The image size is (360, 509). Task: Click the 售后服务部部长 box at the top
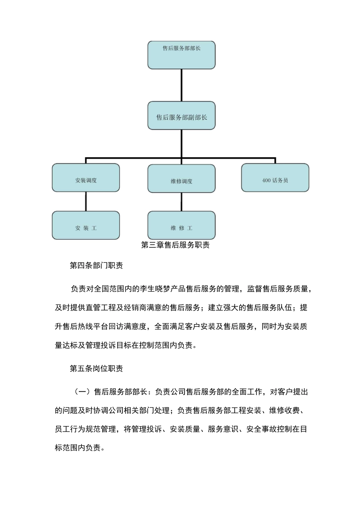point(181,55)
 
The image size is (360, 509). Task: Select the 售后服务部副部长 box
point(181,116)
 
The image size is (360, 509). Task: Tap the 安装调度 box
point(86,178)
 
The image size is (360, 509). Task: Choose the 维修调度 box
point(181,179)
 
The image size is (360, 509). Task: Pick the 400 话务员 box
point(275,178)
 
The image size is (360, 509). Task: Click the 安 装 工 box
point(86,226)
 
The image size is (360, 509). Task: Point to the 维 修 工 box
point(181,226)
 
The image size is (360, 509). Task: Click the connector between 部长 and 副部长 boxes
point(182,85)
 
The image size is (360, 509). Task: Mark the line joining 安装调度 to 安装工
point(86,201)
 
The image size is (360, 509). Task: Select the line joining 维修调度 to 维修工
point(182,202)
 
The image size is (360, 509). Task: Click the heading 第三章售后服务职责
point(175,245)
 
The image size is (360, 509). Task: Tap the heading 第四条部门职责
point(96,265)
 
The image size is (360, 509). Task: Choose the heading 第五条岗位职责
point(96,368)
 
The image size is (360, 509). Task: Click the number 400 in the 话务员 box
point(266,181)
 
